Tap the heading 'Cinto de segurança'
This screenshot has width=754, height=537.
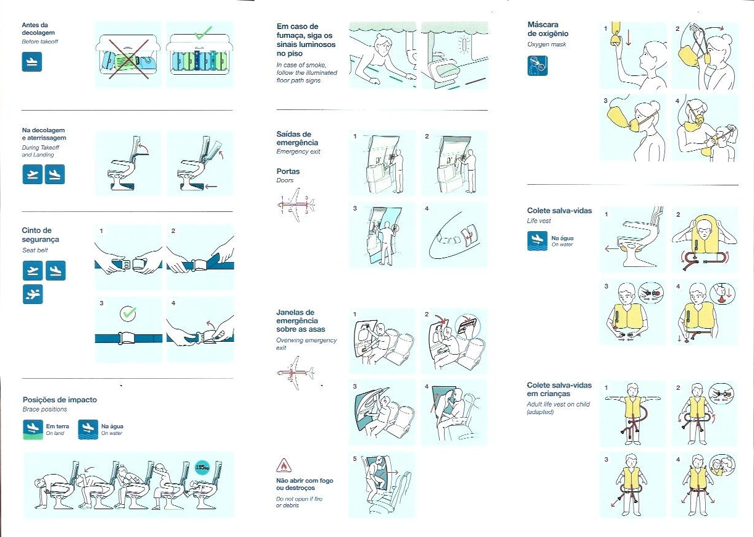[x=41, y=235]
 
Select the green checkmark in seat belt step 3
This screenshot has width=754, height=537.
[x=128, y=314]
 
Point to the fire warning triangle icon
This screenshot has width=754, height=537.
[x=284, y=466]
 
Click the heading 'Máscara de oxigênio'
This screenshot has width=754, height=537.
[x=548, y=29]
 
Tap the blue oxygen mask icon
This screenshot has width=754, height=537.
[x=537, y=66]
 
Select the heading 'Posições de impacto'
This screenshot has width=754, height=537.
[x=60, y=400]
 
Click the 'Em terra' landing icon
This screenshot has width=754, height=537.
[x=33, y=429]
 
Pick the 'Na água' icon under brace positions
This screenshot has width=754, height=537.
[x=88, y=429]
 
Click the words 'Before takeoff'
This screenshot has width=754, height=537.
[x=40, y=41]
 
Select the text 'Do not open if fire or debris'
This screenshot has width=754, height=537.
[x=300, y=502]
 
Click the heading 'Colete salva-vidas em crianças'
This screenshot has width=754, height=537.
[x=559, y=389]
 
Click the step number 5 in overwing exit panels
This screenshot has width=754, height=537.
[x=354, y=459]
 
